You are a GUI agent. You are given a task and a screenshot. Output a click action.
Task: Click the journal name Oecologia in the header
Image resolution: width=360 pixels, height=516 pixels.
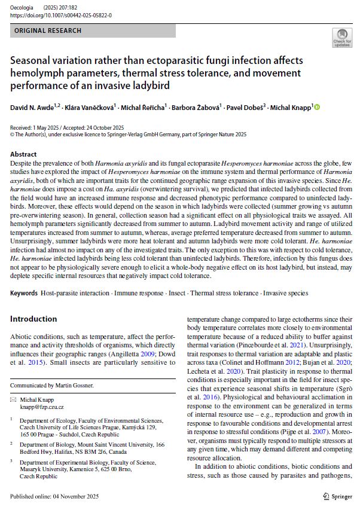pyautogui.click(x=22, y=8)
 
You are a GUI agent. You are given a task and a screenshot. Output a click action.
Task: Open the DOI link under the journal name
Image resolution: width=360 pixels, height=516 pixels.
pyautogui.click(x=60, y=15)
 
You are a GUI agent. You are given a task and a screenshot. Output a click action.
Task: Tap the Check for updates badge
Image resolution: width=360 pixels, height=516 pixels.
pyautogui.click(x=342, y=38)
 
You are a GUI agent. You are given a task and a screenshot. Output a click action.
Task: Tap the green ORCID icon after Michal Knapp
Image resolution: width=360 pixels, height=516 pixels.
pyautogui.click(x=317, y=107)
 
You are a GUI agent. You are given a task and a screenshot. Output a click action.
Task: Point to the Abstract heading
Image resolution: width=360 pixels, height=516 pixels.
pyautogui.click(x=23, y=154)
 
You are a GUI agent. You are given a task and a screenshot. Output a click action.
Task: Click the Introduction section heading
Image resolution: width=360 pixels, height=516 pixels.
pyautogui.click(x=33, y=319)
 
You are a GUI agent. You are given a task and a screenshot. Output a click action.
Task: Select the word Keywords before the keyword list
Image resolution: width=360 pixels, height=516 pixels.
pyautogui.click(x=25, y=293)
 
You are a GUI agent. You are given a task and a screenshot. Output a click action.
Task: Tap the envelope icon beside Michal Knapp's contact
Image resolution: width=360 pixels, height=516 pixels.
pyautogui.click(x=14, y=399)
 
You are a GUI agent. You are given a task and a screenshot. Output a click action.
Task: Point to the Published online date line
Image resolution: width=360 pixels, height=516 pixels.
pyautogui.click(x=50, y=496)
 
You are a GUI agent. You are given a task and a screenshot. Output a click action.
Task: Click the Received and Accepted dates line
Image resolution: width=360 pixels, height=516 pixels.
pyautogui.click(x=67, y=127)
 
